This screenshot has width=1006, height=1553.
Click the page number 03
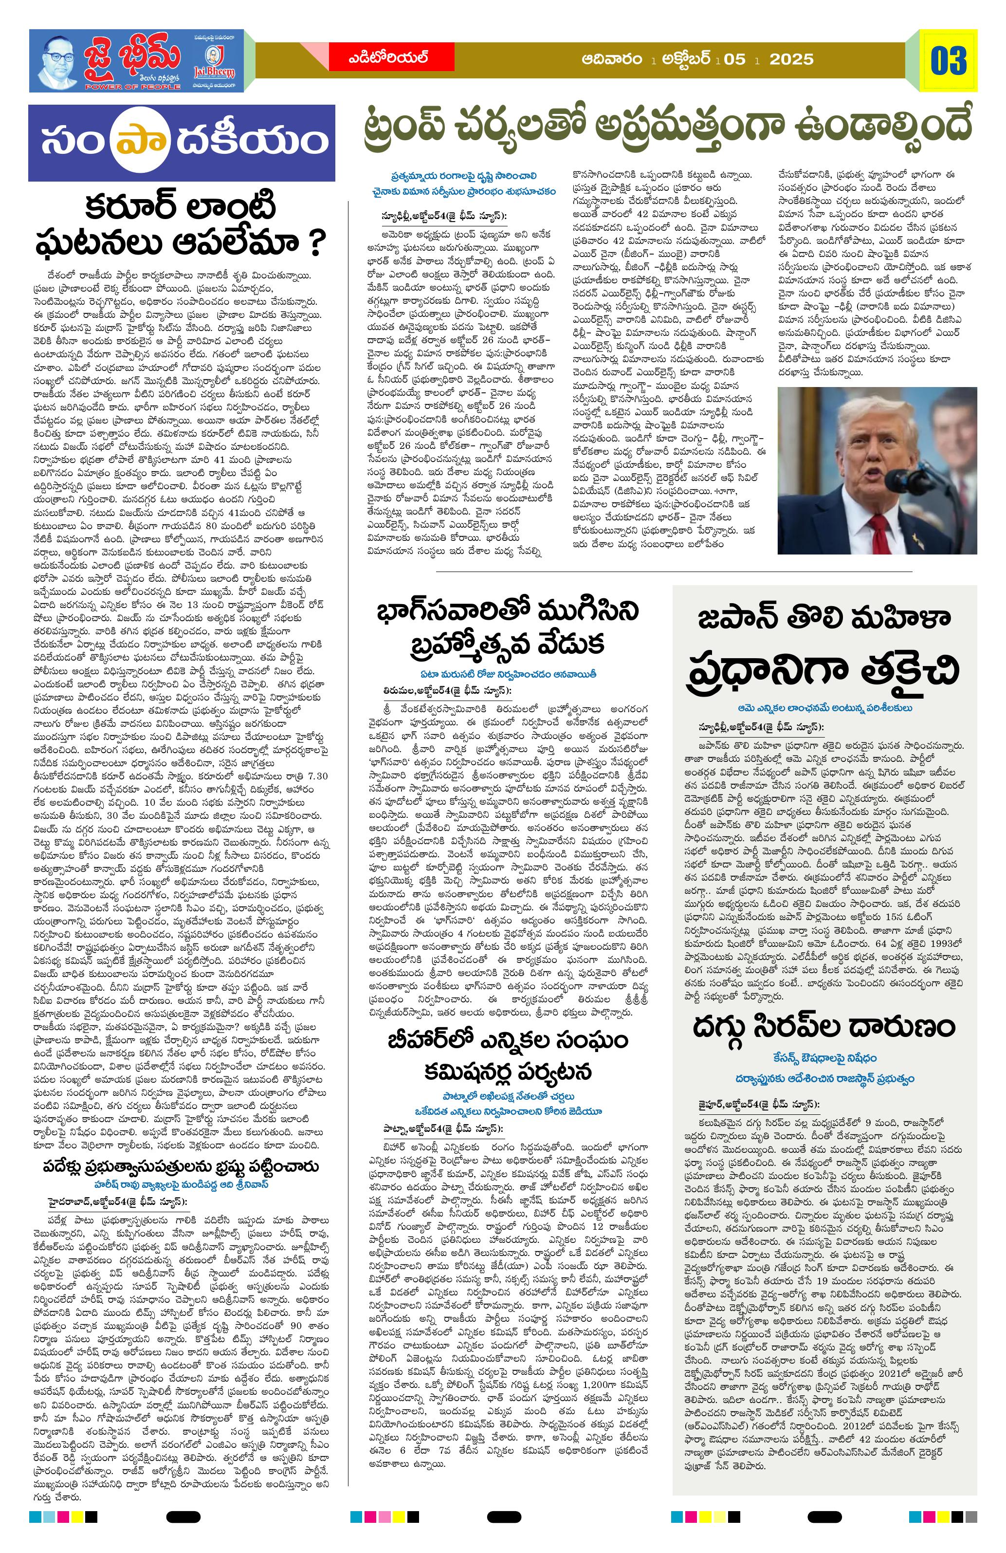[x=949, y=60]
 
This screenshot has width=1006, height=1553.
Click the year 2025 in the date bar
[x=791, y=59]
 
